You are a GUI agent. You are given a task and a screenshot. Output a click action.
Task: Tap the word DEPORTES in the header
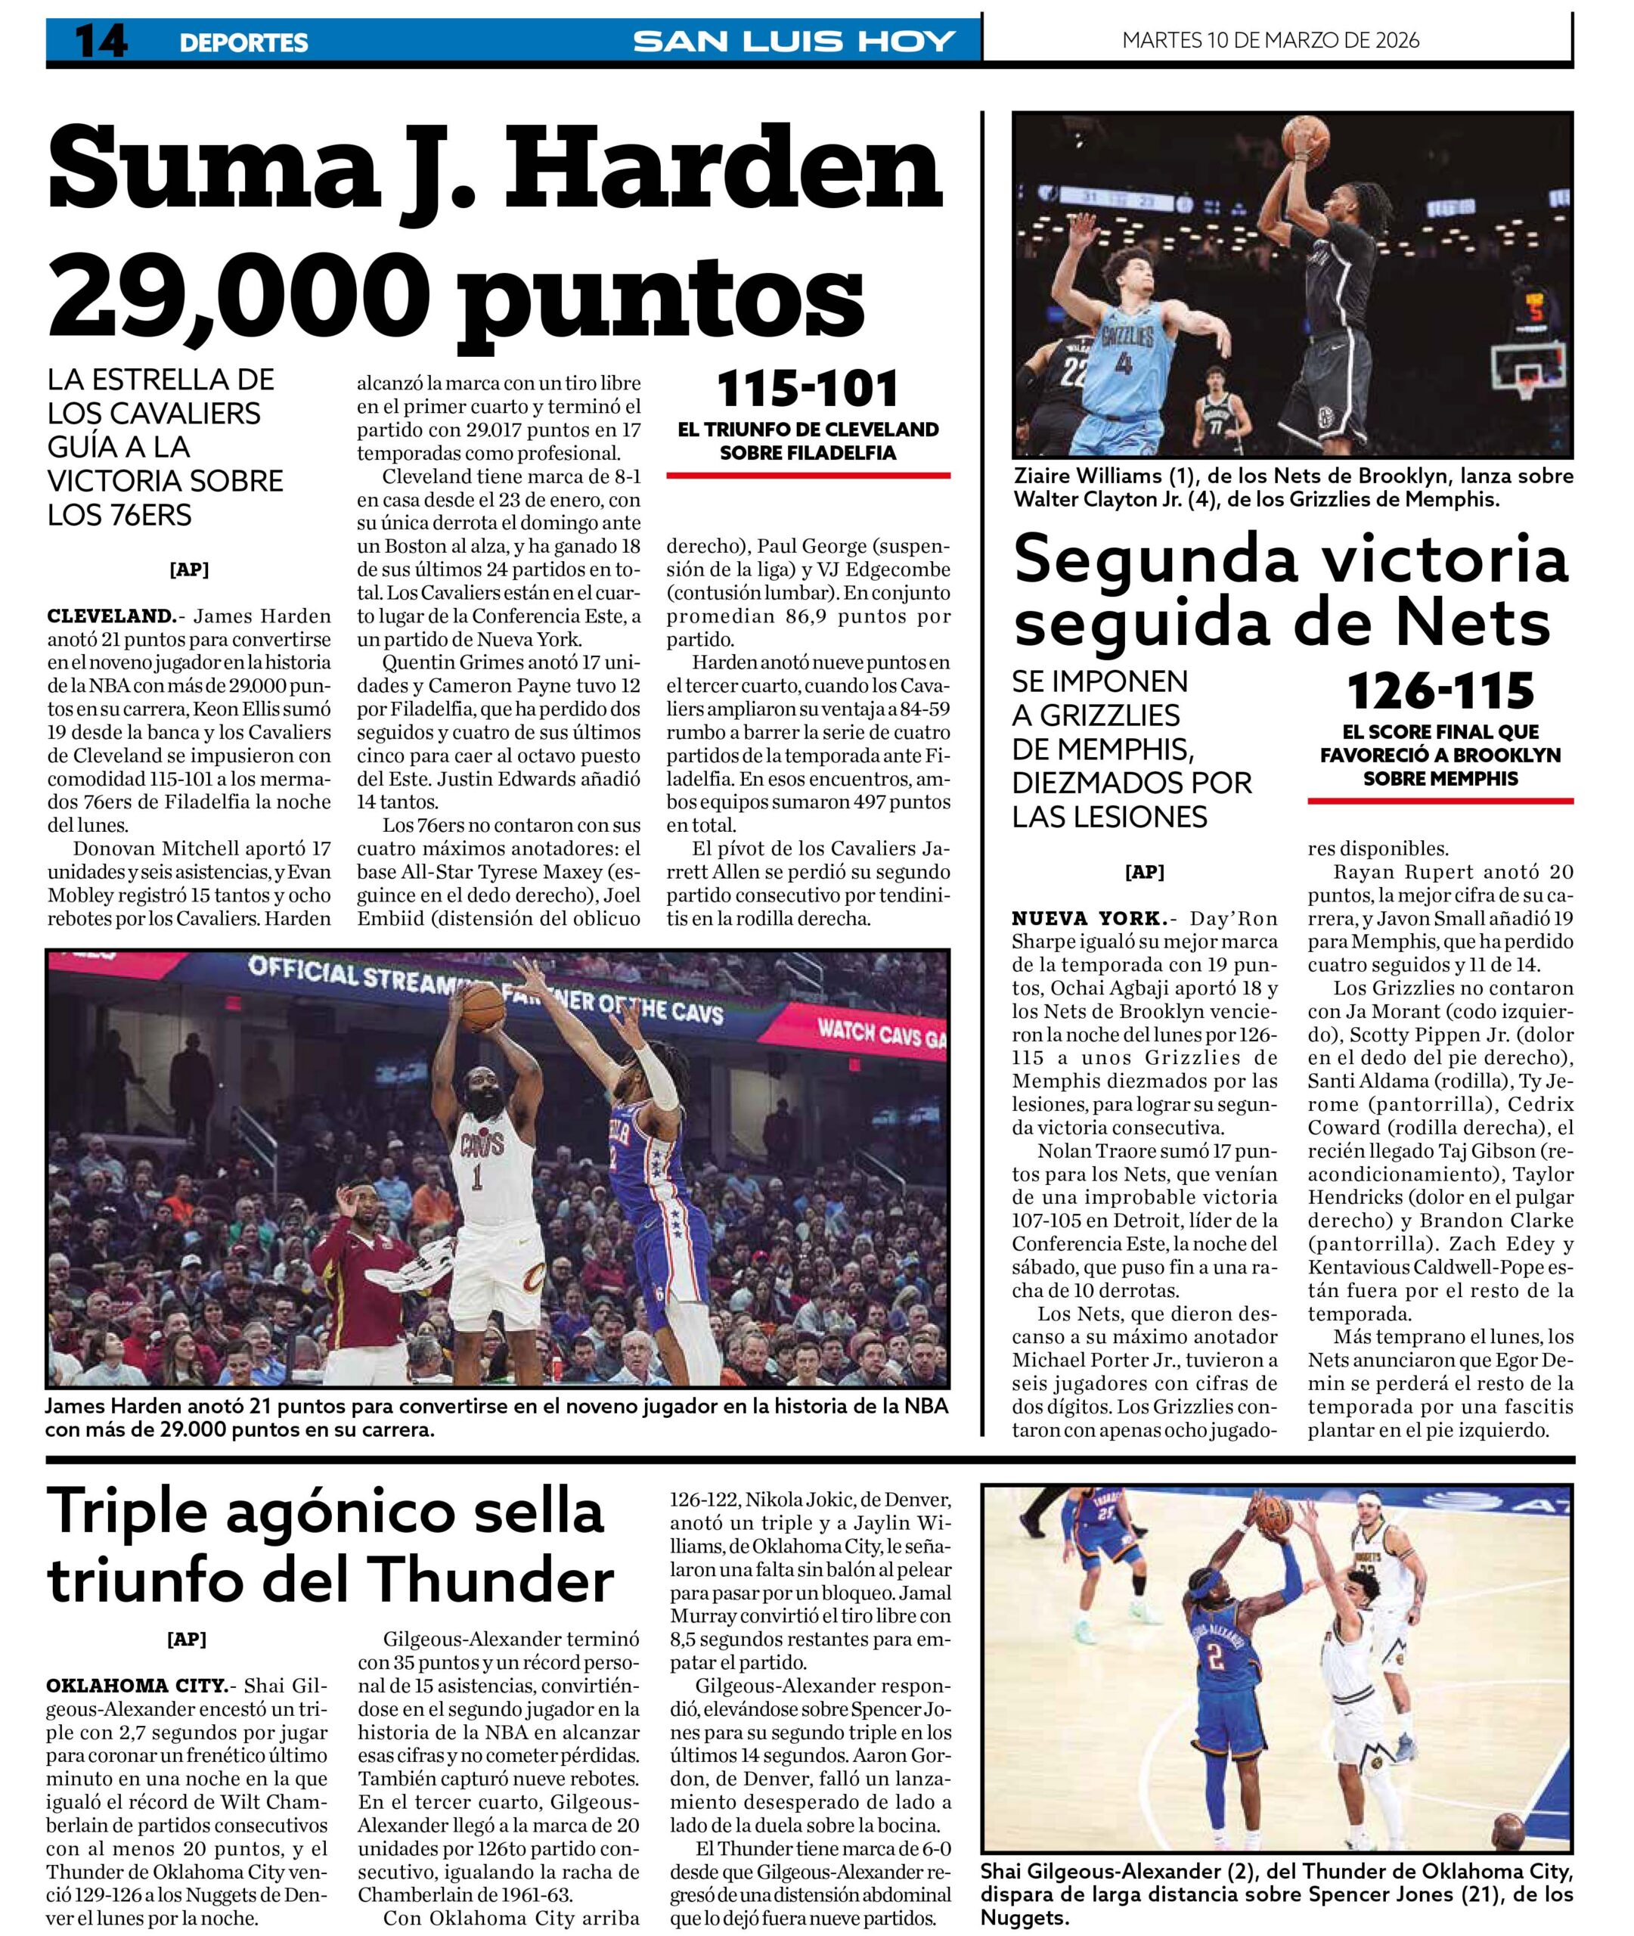tap(243, 42)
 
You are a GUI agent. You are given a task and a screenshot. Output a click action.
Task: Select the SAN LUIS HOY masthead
tap(794, 42)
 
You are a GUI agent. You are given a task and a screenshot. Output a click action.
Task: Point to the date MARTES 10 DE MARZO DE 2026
tap(1270, 40)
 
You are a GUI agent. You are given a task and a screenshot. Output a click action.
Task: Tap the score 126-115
tap(1440, 691)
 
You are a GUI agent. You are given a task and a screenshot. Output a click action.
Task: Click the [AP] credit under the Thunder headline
tap(186, 1640)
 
